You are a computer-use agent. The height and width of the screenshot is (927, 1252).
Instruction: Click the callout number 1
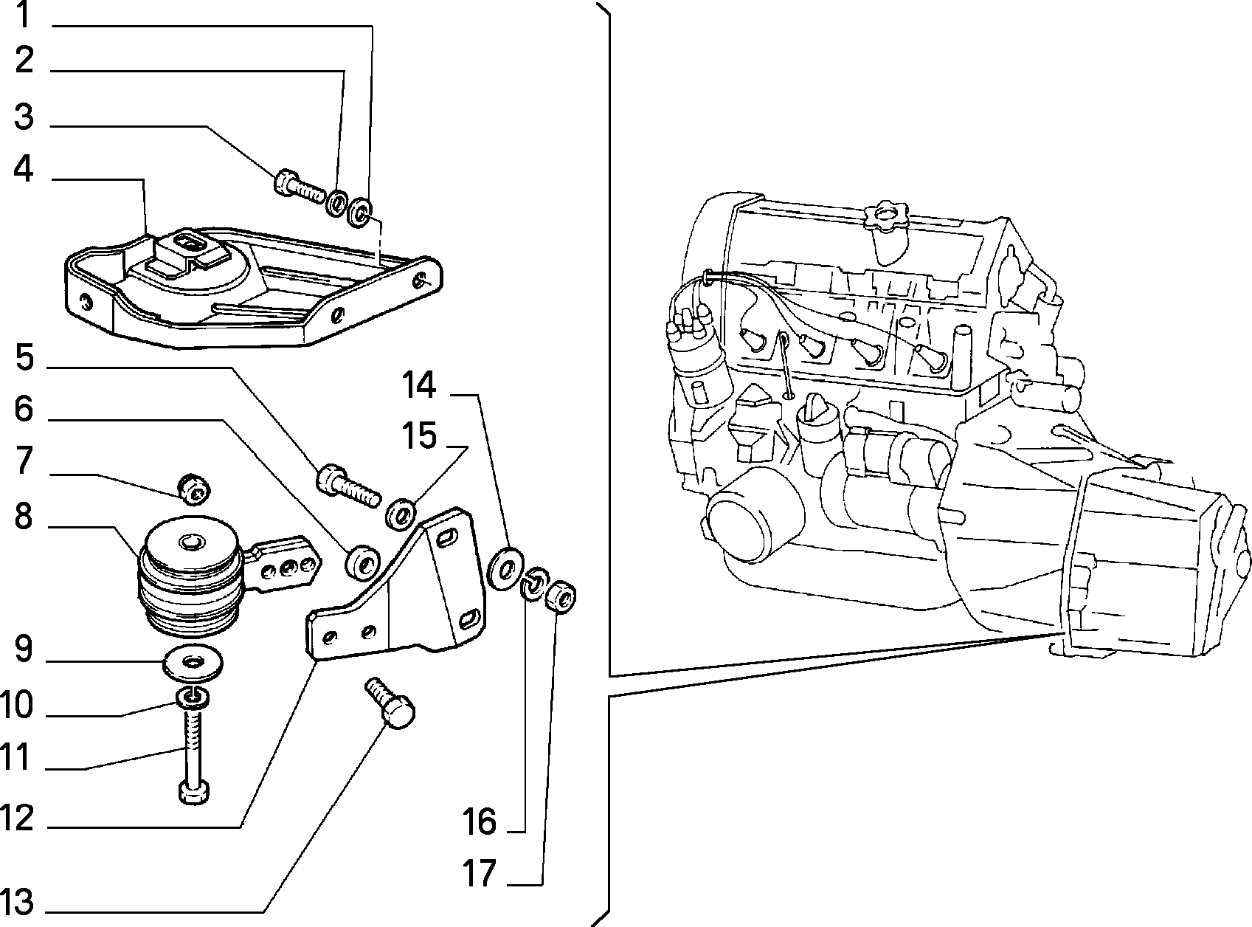coord(23,15)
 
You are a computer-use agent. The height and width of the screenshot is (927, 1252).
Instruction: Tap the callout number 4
coord(23,169)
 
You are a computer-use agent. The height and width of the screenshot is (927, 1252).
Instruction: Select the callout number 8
coord(23,517)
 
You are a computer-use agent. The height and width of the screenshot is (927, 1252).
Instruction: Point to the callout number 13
coord(17,902)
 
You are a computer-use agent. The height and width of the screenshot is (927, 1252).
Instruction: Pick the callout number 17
coord(480,873)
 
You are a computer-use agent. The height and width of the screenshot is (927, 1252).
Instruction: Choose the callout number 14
coord(419,385)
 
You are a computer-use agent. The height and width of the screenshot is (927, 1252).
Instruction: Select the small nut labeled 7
coord(193,489)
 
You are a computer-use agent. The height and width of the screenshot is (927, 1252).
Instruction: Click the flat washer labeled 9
coord(193,663)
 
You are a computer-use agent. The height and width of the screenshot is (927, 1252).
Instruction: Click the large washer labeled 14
coord(505,568)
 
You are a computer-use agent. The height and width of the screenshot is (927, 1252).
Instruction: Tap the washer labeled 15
coord(401,514)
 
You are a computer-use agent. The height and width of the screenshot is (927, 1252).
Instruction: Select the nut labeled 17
coord(561,596)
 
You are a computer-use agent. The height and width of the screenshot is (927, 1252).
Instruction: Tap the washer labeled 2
coord(338,203)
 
